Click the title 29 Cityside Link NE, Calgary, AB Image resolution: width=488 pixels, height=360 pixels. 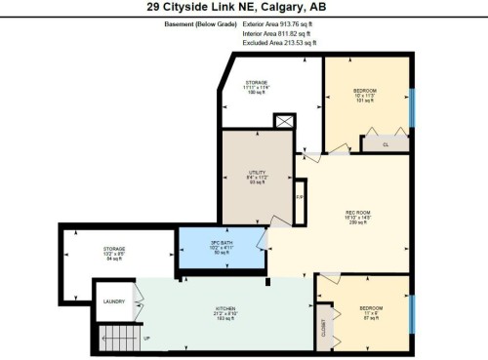coord(244,7)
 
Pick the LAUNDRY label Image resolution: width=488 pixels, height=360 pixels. coord(113,302)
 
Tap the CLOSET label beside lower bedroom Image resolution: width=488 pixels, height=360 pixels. coord(323,332)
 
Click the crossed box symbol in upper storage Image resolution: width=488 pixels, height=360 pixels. coord(285,122)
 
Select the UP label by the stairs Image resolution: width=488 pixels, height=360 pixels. coord(146,339)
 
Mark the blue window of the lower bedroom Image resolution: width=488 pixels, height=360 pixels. coord(411,312)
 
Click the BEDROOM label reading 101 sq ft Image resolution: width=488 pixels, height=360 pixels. coord(365,95)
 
